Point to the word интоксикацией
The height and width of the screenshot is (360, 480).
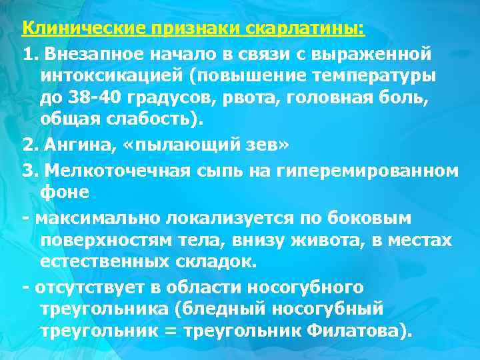tap(111, 75)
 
